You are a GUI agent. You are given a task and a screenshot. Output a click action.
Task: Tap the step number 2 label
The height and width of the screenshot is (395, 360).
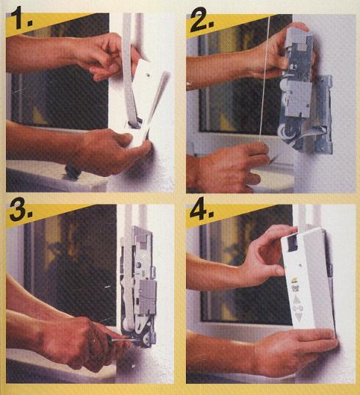coord(201,20)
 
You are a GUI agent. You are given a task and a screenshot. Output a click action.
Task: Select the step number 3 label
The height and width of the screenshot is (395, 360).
coord(21,209)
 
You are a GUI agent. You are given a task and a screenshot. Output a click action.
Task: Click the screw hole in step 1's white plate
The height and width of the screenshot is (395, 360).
coord(149,75)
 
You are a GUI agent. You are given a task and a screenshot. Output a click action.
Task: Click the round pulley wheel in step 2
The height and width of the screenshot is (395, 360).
coord(284,132)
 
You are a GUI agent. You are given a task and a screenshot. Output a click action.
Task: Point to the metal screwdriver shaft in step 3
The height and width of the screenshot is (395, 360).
coord(124,340)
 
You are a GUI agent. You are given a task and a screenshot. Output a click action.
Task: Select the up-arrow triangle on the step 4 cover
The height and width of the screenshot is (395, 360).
coord(298,300)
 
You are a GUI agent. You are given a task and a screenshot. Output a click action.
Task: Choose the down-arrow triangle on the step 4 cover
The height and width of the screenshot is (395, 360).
coord(298,317)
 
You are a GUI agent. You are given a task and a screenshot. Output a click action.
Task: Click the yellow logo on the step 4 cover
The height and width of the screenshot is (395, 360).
coord(294,280)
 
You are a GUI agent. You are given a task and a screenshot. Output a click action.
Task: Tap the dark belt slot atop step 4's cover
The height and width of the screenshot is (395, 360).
coord(293,242)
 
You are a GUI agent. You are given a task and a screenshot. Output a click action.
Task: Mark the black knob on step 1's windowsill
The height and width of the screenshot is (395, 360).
coord(73,172)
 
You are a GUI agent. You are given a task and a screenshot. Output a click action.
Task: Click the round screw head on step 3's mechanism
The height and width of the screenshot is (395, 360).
coord(138,264)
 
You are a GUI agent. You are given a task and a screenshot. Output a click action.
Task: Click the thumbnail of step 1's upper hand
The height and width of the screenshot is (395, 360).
coord(115,68)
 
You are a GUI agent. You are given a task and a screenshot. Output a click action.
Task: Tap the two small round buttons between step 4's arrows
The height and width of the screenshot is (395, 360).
coord(298,308)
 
